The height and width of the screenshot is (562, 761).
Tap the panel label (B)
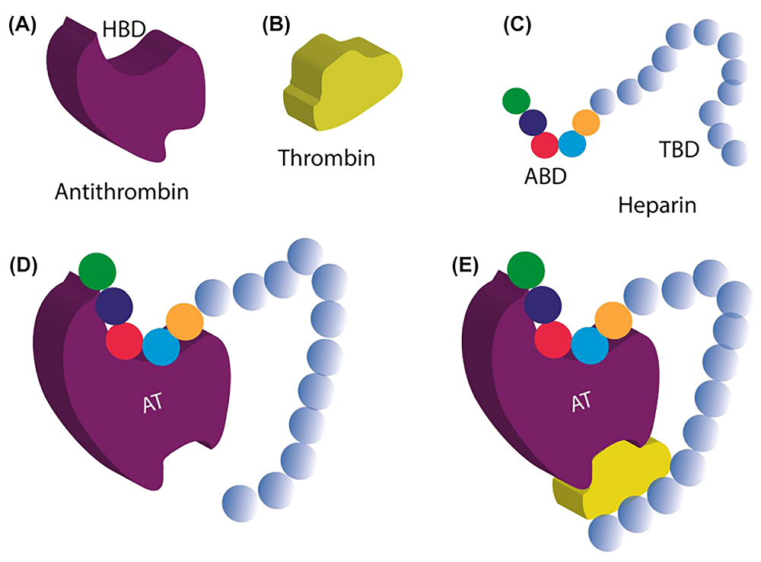[275, 24]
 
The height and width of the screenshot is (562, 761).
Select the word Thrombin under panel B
[327, 158]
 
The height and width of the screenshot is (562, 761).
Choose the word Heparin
[658, 205]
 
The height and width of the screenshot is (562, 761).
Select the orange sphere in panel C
[585, 121]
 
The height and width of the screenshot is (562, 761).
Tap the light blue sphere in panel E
[590, 345]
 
